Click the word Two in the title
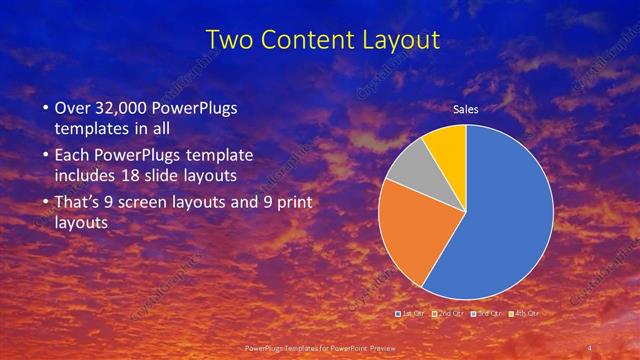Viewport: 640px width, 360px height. pos(228,40)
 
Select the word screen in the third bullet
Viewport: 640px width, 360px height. pos(158,204)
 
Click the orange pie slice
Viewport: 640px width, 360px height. pos(410,240)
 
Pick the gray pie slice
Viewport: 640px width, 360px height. pos(408,166)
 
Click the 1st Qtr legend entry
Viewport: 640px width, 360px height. pos(410,314)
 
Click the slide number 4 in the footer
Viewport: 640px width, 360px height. pos(589,347)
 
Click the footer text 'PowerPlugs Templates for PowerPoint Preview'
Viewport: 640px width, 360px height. pos(319,347)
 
